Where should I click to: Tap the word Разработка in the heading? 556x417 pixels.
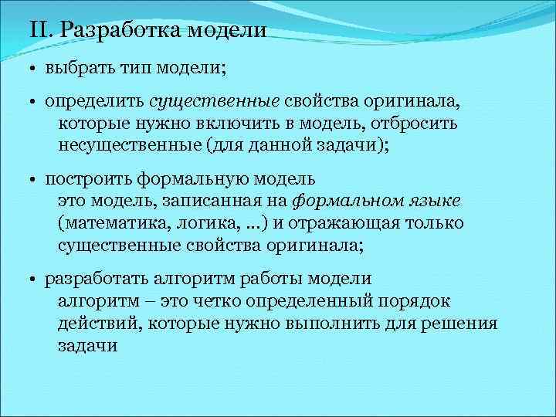(117, 31)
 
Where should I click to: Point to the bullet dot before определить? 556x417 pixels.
(35, 103)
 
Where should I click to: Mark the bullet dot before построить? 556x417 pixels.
(35, 181)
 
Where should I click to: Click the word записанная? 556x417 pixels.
(203, 202)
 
